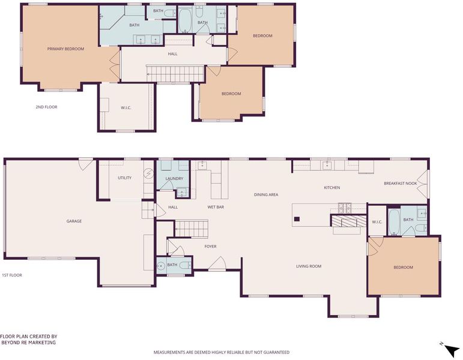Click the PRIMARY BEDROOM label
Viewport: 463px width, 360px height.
(x=65, y=49)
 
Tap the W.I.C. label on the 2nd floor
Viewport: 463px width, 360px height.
(x=126, y=108)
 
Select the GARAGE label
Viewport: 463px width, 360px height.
(x=74, y=221)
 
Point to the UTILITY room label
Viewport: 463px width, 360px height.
(x=125, y=178)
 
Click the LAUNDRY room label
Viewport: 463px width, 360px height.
(x=174, y=179)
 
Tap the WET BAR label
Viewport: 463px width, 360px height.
(x=216, y=207)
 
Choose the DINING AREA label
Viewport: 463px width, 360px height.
(x=266, y=194)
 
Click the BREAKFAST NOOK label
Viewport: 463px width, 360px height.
(x=401, y=183)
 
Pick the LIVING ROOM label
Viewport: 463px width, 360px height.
(x=309, y=266)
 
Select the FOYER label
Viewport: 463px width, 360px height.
(x=210, y=247)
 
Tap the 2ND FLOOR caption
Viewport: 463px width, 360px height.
(x=46, y=107)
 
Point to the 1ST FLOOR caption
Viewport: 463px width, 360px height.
(x=12, y=275)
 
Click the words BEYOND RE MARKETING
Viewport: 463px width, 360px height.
(x=29, y=343)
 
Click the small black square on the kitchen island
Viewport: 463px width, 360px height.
(x=297, y=219)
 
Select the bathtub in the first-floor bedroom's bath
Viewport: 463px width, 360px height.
(x=393, y=222)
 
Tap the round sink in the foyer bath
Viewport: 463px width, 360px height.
(x=161, y=266)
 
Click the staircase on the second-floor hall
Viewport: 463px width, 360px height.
(x=176, y=74)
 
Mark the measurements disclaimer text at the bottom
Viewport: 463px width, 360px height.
(x=222, y=352)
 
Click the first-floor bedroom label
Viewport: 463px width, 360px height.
(x=403, y=268)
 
